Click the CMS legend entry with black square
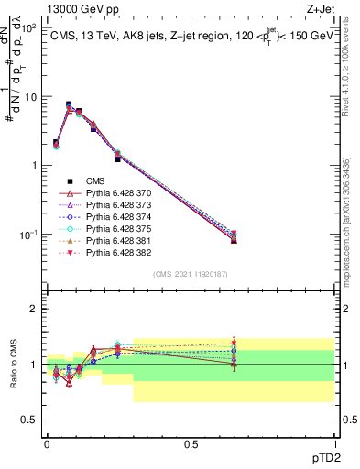(x=97, y=181)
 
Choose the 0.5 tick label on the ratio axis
(x=31, y=420)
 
